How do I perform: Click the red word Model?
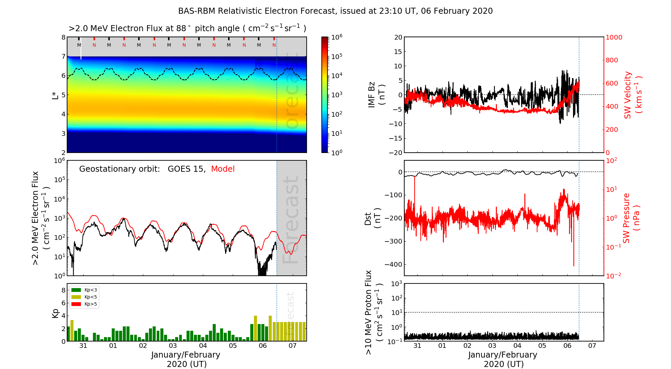coord(223,169)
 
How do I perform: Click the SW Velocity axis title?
coord(632,95)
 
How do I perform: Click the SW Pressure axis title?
coord(631,218)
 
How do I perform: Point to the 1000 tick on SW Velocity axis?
coord(614,37)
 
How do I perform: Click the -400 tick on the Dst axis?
coord(393,264)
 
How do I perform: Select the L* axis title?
coord(55,95)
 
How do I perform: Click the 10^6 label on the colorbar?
coord(337,37)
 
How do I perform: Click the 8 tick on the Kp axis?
coord(63,290)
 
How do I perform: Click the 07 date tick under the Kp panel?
coord(293,346)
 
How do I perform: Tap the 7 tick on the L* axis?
coord(63,56)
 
